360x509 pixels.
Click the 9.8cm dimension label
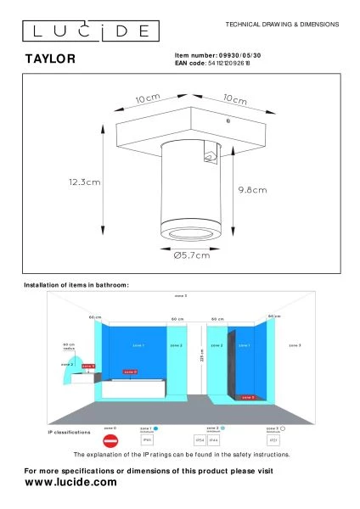pyautogui.click(x=253, y=189)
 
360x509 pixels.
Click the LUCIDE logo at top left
pyautogui.click(x=87, y=31)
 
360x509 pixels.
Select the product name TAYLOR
pyautogui.click(x=48, y=59)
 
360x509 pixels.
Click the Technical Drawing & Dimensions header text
pyautogui.click(x=282, y=25)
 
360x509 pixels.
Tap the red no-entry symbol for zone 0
pyautogui.click(x=109, y=441)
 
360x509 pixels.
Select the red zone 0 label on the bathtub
pyautogui.click(x=129, y=372)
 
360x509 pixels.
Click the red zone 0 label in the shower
pyautogui.click(x=247, y=396)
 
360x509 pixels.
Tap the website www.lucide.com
pyautogui.click(x=70, y=481)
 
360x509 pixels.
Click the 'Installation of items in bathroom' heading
pyautogui.click(x=76, y=285)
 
